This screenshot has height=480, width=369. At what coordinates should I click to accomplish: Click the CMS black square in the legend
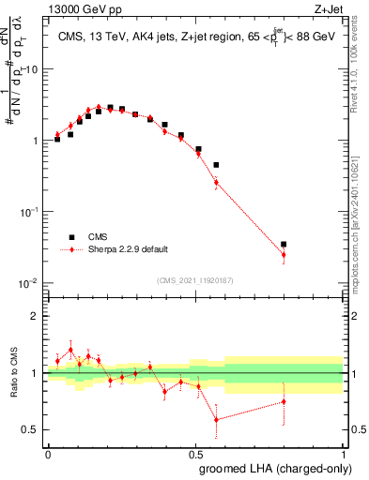(69, 237)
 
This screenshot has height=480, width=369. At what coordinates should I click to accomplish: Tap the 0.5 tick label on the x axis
(195, 455)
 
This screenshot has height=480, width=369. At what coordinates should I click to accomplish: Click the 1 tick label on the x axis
(344, 455)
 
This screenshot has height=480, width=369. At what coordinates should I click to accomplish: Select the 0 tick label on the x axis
(48, 455)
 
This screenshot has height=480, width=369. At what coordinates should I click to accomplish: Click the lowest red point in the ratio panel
(216, 420)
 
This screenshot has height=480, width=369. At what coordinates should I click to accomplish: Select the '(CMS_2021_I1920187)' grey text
(193, 279)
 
